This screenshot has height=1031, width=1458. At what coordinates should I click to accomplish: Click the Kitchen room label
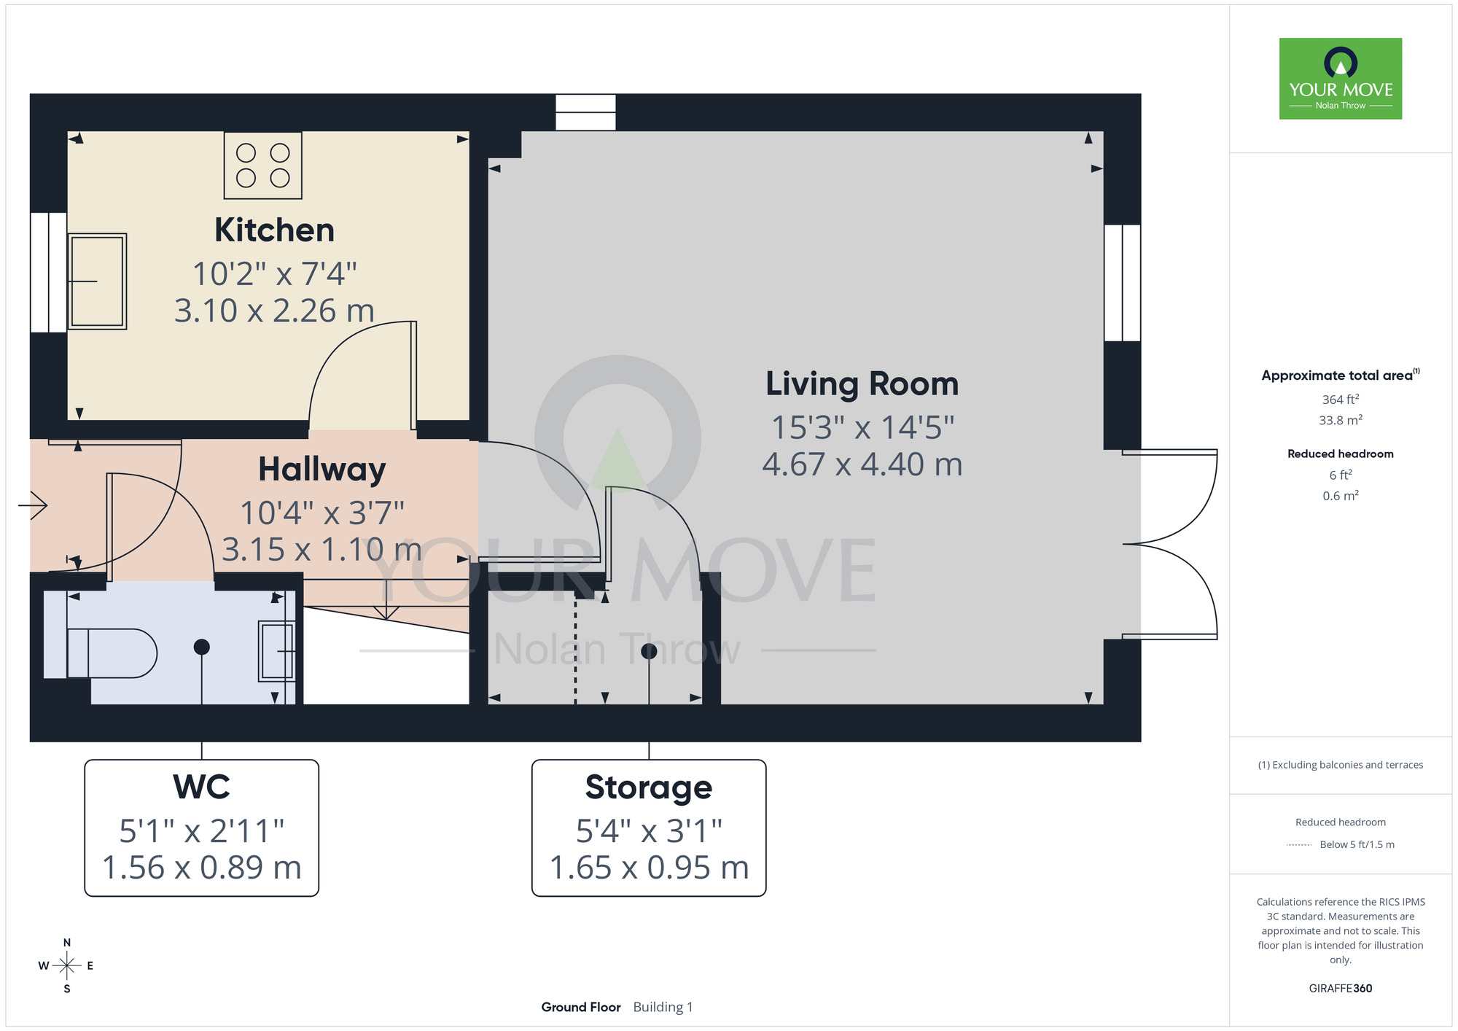[274, 230]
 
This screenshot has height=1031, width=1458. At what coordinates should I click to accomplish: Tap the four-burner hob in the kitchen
[262, 166]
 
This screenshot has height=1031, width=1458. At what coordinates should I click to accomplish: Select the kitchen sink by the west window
[97, 281]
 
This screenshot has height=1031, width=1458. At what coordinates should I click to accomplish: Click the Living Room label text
[862, 384]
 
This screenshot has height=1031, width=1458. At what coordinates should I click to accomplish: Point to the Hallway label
[321, 470]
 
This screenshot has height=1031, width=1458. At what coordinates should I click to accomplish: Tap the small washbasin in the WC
[277, 651]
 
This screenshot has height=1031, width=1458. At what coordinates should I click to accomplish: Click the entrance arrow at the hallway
[34, 505]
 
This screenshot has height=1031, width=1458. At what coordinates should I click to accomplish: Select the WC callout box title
[201, 787]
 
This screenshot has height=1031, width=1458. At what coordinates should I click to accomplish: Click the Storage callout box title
[648, 787]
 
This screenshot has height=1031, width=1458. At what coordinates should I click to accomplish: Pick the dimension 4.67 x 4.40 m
[862, 464]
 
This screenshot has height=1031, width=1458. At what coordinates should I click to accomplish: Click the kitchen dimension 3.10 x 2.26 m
[274, 311]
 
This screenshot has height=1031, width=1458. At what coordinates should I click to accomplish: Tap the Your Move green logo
[1340, 79]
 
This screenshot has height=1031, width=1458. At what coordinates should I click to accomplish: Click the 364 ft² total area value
[1340, 400]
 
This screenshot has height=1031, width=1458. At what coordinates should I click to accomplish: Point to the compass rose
[66, 966]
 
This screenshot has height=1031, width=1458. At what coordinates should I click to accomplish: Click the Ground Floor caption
[580, 1007]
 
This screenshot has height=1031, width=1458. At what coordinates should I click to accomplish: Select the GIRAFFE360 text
[1340, 989]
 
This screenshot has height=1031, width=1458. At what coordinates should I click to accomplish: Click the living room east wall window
[1122, 283]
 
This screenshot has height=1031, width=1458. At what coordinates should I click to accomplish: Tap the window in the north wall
[585, 112]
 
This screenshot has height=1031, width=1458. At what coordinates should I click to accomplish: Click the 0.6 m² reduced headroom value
[1340, 496]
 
